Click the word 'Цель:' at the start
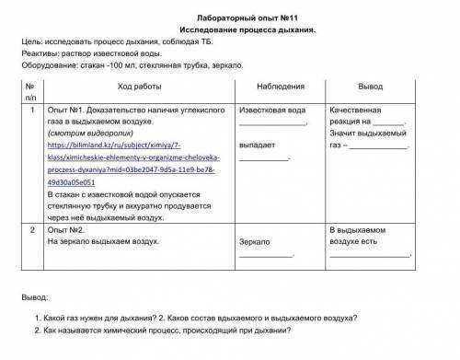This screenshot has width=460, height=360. [35, 43]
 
